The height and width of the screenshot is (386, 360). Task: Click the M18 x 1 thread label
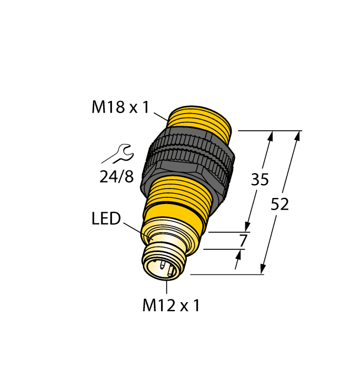[120, 108]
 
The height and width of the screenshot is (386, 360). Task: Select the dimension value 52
[280, 205]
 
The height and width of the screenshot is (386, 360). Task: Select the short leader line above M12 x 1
[166, 287]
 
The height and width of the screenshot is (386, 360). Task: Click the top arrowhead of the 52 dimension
[298, 136]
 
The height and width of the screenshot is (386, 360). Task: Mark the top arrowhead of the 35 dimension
[271, 136]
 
